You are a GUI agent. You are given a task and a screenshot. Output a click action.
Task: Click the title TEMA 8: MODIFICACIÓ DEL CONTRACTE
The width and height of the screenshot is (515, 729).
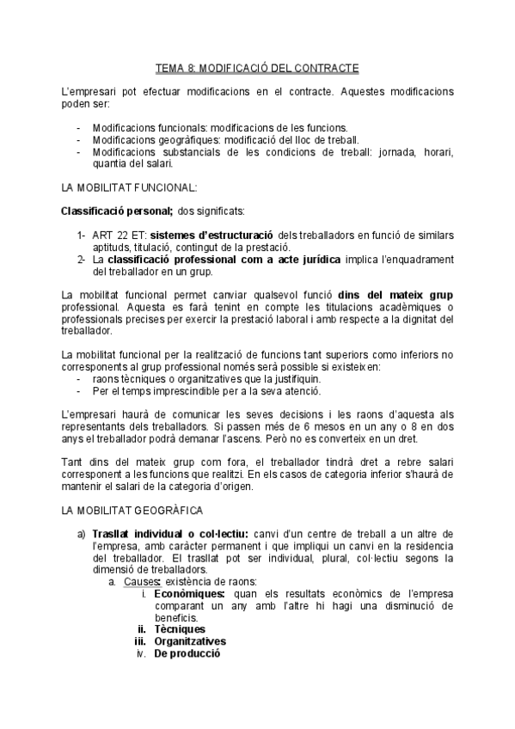pos(257,67)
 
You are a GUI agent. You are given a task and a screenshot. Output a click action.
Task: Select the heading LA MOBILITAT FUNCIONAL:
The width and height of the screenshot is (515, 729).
pos(130,187)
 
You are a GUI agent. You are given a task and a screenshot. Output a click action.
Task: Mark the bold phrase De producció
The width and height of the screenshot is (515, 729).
pos(187,653)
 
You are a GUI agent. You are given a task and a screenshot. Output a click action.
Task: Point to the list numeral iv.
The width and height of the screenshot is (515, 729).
pos(142,653)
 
